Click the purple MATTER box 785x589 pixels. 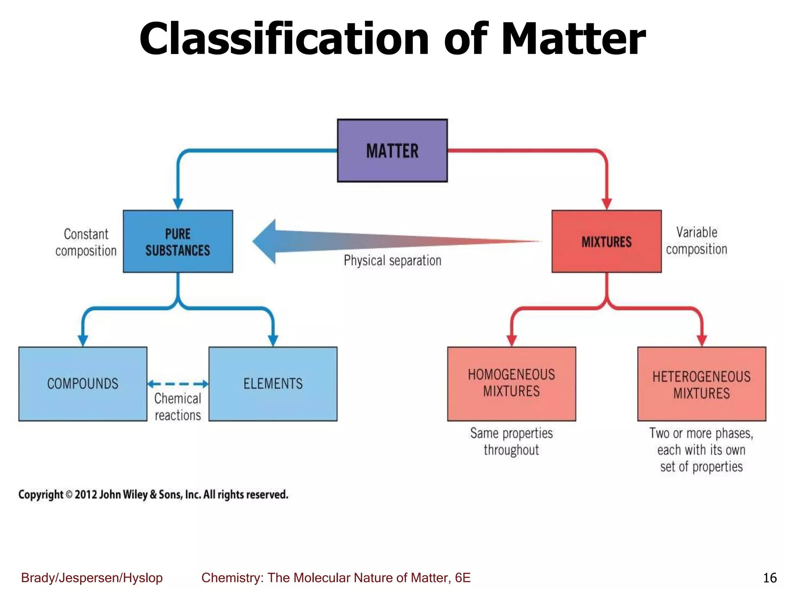[x=392, y=150]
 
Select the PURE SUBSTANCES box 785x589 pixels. [x=178, y=242]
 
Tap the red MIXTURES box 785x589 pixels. [x=606, y=242]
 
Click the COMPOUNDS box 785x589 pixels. [x=83, y=384]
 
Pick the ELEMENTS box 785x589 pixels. [x=273, y=384]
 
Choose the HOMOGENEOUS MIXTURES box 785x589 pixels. [x=511, y=384]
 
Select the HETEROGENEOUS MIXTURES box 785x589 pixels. [x=701, y=384]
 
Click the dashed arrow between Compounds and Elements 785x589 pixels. [x=178, y=384]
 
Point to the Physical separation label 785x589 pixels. [x=392, y=261]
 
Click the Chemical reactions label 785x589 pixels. [x=178, y=407]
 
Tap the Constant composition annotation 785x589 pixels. [x=86, y=242]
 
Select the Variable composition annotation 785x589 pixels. [x=696, y=241]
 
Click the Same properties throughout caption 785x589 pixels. [x=511, y=441]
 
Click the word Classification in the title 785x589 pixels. [x=284, y=39]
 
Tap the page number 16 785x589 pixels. [x=770, y=578]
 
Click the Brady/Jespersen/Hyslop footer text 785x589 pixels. [x=92, y=578]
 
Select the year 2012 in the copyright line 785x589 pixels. [x=86, y=495]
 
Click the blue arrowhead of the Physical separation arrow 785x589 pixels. [x=264, y=242]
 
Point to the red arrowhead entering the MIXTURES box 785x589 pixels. [x=606, y=204]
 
